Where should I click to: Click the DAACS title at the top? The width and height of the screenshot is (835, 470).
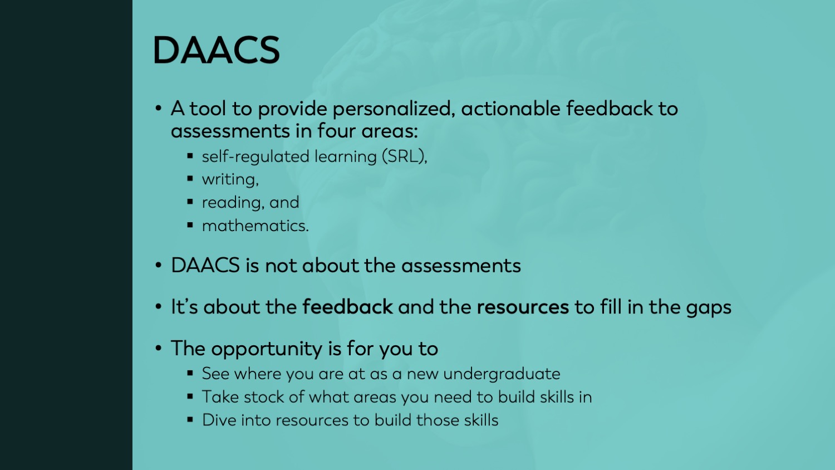(x=216, y=50)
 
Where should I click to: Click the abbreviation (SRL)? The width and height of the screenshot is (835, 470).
(x=405, y=156)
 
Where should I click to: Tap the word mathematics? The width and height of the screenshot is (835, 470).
(x=256, y=226)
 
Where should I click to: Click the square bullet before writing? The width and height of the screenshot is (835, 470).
(x=190, y=179)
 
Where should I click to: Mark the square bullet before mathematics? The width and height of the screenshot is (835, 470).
(x=190, y=225)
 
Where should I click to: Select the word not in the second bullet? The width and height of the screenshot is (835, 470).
(x=281, y=266)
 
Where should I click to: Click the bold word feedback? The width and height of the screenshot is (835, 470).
(x=347, y=307)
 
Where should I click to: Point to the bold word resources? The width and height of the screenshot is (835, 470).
(x=523, y=307)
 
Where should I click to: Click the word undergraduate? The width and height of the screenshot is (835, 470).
(x=502, y=374)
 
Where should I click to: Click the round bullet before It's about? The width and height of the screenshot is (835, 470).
(x=159, y=307)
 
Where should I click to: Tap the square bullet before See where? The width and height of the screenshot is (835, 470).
(x=190, y=373)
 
